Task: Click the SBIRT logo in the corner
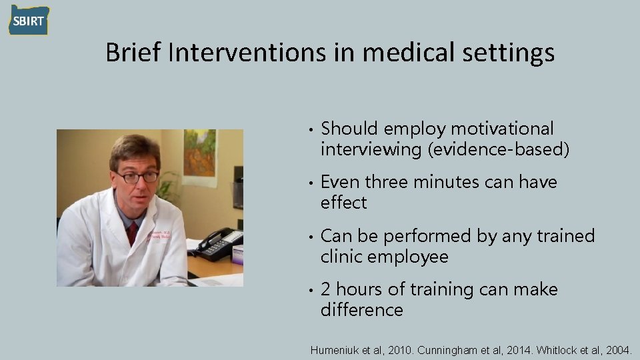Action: pyautogui.click(x=29, y=20)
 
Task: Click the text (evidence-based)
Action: pyautogui.click(x=499, y=149)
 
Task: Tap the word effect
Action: pyautogui.click(x=343, y=203)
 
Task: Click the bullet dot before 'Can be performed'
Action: pyautogui.click(x=311, y=237)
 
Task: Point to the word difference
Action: pyautogui.click(x=362, y=310)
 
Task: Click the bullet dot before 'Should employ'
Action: pyautogui.click(x=311, y=129)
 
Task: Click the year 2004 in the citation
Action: pyautogui.click(x=619, y=349)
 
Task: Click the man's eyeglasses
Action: pyautogui.click(x=137, y=177)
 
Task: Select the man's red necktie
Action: pyautogui.click(x=133, y=233)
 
